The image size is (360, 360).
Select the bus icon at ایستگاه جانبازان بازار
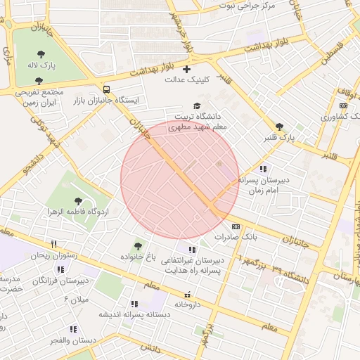tap(106, 89)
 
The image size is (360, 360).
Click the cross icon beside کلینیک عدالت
tap(186, 69)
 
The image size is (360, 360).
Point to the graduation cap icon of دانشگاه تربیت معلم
tap(196, 105)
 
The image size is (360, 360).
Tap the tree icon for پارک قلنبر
tap(280, 127)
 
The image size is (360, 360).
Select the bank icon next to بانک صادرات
tap(236, 226)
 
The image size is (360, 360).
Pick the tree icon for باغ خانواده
tap(138, 247)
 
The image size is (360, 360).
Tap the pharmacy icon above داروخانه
tap(187, 295)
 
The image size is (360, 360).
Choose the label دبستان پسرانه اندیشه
tap(134, 314)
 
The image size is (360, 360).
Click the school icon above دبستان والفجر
tap(73, 329)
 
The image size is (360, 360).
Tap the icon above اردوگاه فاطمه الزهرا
tap(78, 201)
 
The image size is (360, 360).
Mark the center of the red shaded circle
tap(180, 180)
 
